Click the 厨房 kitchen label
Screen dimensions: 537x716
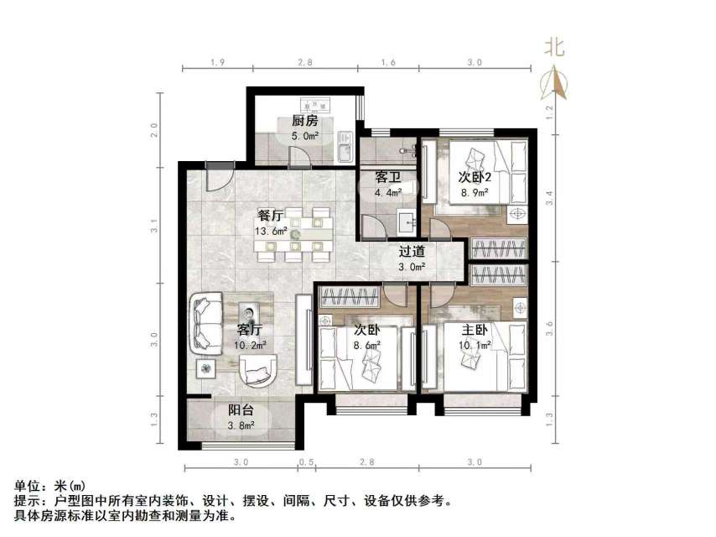(304, 121)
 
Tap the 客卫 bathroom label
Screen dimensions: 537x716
(387, 178)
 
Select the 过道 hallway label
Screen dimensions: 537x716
(411, 251)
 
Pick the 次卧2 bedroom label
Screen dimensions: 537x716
(474, 177)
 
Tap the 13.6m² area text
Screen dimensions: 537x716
(272, 232)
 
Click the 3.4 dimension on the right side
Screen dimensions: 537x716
(550, 198)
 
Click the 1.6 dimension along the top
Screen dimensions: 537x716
(387, 63)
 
